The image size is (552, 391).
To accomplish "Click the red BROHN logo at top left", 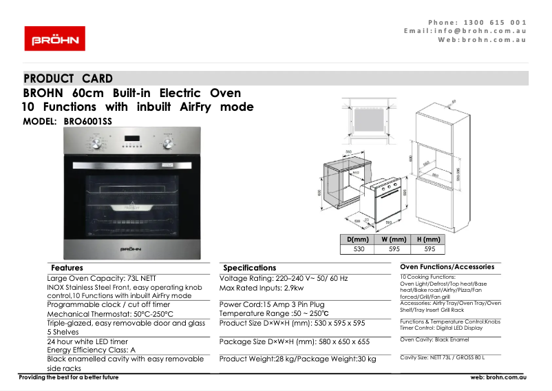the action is point(54,39).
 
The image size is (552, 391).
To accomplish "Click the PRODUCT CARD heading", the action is point(68,78).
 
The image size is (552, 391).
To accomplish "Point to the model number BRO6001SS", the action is point(87,120).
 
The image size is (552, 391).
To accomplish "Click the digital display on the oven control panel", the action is point(131,144).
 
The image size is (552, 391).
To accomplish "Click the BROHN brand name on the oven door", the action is point(131,247).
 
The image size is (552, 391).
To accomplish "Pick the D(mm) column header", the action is point(358,240).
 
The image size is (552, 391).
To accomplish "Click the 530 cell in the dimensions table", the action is point(359,249).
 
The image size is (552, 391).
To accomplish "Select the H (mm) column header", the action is point(429,240).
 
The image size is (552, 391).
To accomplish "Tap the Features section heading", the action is point(67,268).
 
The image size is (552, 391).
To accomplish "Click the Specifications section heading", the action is point(250,268).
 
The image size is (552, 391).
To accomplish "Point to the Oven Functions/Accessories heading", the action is point(447,266).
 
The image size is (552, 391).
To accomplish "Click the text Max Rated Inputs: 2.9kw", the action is point(261,288).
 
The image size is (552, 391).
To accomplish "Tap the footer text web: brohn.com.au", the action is point(498,377).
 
